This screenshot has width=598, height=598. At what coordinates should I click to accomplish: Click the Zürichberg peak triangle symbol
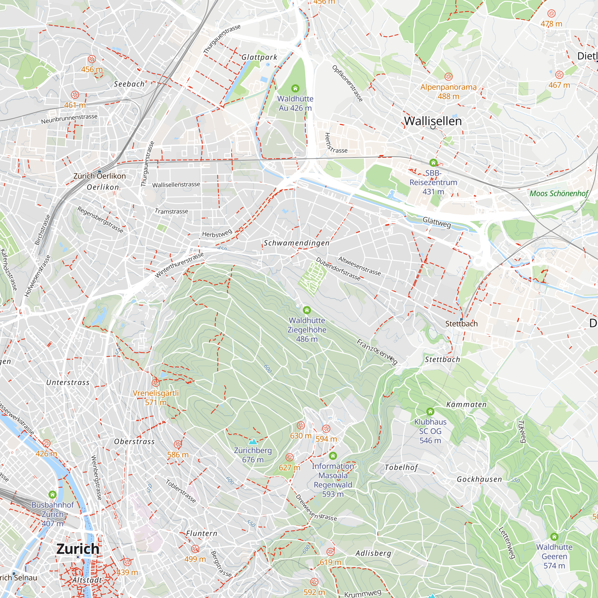pyautogui.click(x=253, y=441)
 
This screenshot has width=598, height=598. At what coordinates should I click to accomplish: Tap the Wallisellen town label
pyautogui.click(x=433, y=121)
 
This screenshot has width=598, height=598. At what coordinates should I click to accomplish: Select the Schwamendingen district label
pyautogui.click(x=296, y=243)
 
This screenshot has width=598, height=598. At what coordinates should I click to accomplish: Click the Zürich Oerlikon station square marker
pyautogui.click(x=100, y=171)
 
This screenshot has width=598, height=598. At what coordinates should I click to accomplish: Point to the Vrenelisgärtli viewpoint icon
pyautogui.click(x=156, y=383)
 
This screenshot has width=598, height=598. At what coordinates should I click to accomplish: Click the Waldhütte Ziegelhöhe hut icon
pyautogui.click(x=307, y=310)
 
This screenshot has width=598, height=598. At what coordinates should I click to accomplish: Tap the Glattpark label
pyautogui.click(x=259, y=57)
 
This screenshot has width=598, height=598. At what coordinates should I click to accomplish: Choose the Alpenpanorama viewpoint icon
pyautogui.click(x=448, y=77)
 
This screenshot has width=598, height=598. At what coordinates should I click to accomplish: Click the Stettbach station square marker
pyautogui.click(x=461, y=319)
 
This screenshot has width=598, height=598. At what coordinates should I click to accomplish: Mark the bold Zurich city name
pyautogui.click(x=78, y=549)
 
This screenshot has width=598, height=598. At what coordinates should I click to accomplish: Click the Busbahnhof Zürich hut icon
pyautogui.click(x=53, y=494)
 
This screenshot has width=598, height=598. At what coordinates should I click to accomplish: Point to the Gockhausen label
pyautogui.click(x=479, y=479)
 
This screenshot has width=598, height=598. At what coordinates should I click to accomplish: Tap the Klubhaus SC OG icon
pyautogui.click(x=430, y=411)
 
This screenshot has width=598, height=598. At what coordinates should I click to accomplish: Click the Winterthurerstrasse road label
pyautogui.click(x=179, y=265)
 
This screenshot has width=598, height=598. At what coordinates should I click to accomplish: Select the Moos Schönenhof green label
pyautogui.click(x=559, y=193)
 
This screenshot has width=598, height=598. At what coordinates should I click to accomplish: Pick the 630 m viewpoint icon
pyautogui.click(x=301, y=425)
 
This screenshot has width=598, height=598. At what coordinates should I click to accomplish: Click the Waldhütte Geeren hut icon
pyautogui.click(x=554, y=536)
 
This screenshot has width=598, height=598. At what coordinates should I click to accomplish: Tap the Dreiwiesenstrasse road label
pyautogui.click(x=316, y=508)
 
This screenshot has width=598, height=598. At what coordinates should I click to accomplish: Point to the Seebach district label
pyautogui.click(x=129, y=84)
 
